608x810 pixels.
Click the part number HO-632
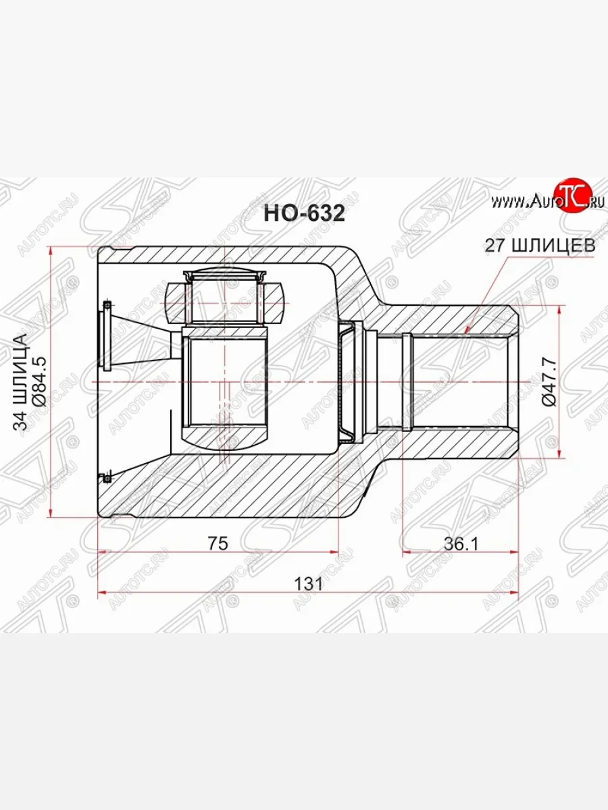[x=304, y=213]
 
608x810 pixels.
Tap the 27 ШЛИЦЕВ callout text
[x=540, y=246]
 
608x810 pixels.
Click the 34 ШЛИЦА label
[x=20, y=382]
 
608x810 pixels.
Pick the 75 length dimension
[x=218, y=543]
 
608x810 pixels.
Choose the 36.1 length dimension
[x=461, y=543]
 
